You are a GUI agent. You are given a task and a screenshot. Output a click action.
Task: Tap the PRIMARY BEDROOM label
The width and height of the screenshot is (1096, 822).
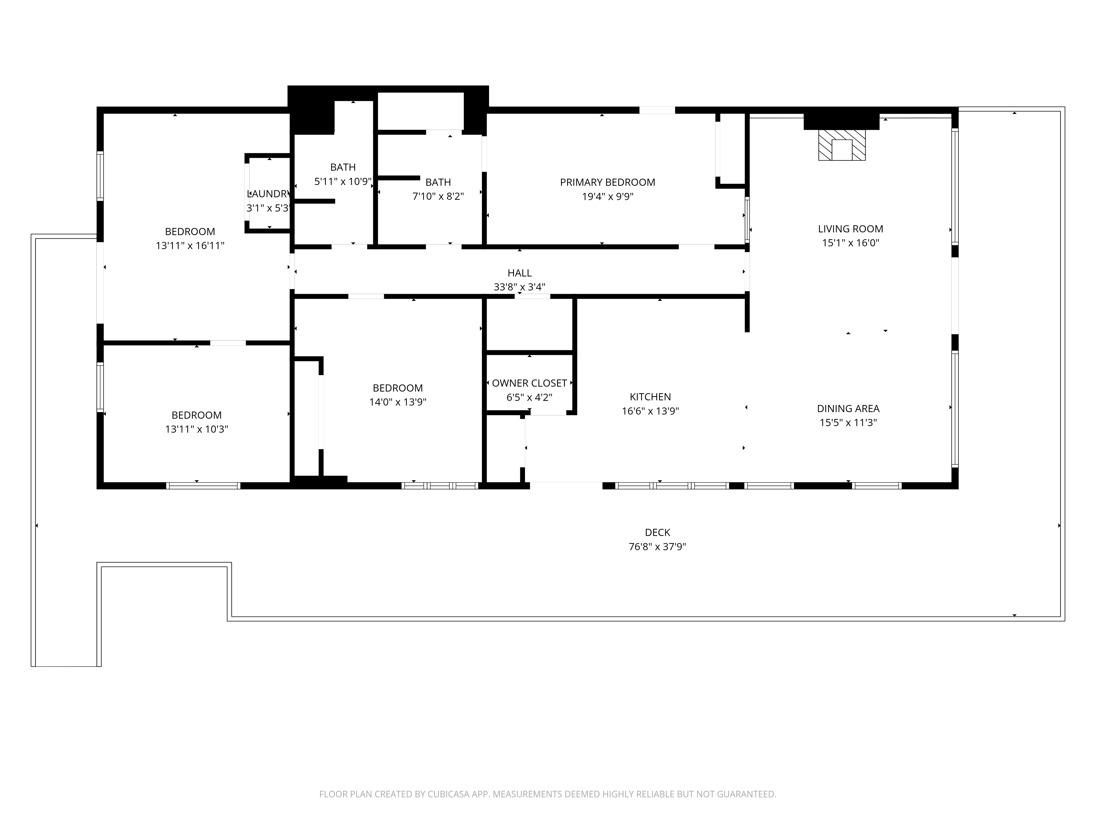607,182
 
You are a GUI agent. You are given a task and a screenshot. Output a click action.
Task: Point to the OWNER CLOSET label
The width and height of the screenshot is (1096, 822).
529,383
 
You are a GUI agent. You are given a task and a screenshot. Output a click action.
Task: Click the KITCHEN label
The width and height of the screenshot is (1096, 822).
650,397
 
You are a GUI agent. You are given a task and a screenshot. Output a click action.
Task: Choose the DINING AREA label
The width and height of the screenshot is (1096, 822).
848,409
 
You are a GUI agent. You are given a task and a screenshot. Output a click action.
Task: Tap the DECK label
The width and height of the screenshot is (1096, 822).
658,533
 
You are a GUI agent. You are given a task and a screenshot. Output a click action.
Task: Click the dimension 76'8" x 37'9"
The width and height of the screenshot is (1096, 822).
658,547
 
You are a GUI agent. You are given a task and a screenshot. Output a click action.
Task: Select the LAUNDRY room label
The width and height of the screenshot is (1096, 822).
268,194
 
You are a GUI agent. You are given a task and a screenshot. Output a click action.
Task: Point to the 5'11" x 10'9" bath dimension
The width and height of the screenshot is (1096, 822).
343,181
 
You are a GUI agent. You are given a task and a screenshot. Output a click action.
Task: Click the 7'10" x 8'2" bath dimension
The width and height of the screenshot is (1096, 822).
438,196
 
